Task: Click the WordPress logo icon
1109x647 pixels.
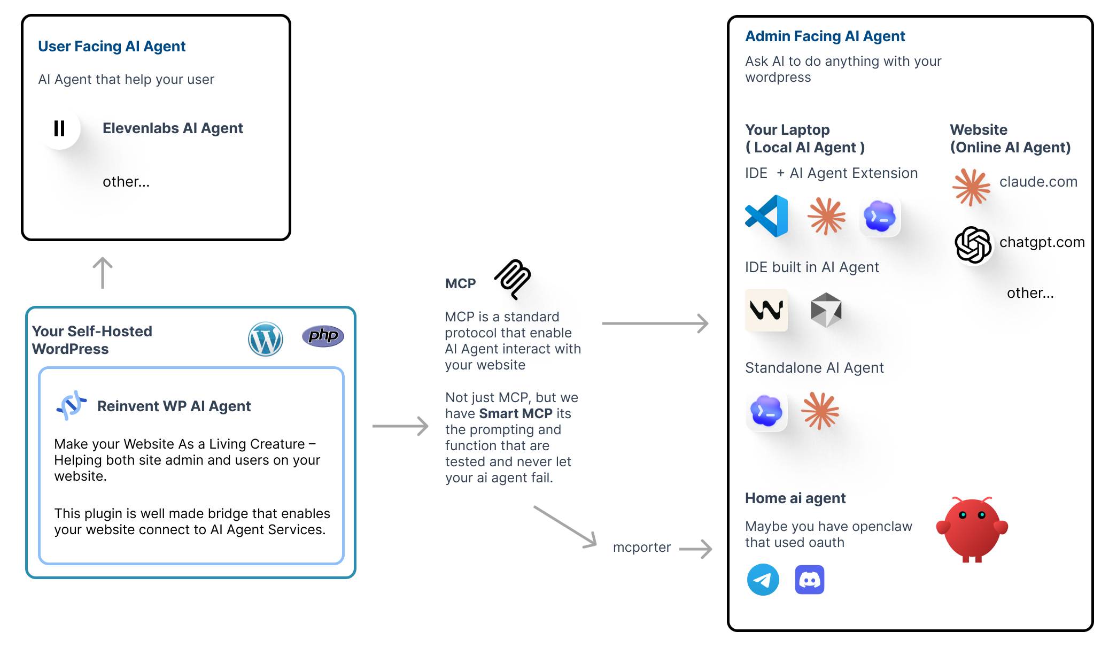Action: [x=266, y=339]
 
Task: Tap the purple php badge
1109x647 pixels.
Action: [x=323, y=336]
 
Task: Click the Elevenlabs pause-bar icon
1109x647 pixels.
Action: [x=59, y=128]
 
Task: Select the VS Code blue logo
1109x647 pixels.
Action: [x=767, y=216]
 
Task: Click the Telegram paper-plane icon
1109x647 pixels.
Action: [x=763, y=580]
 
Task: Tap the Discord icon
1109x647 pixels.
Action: [x=810, y=580]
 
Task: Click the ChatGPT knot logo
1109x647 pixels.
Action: [x=973, y=244]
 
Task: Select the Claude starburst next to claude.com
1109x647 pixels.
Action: [x=971, y=187]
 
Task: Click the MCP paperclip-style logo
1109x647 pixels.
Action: [x=513, y=279]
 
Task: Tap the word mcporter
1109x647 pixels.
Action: [x=641, y=547]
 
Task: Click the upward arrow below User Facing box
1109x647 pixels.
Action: [x=103, y=273]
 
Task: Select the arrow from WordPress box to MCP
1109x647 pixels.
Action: [x=400, y=426]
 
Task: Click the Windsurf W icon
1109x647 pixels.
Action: [x=766, y=310]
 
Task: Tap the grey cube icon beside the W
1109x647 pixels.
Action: [x=826, y=310]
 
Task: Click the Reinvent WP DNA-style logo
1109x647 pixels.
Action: [x=72, y=405]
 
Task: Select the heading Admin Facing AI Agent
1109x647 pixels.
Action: [x=825, y=36]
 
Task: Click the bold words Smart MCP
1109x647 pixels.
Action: [x=515, y=413]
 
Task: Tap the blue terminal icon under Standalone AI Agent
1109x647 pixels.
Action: [x=766, y=411]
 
